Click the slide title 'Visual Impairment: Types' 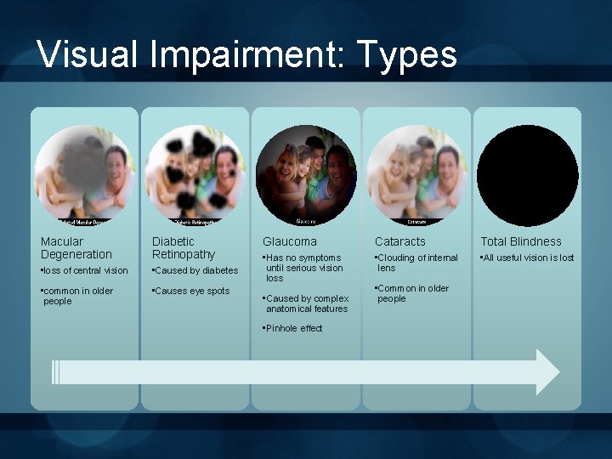click(247, 54)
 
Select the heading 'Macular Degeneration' click(76, 247)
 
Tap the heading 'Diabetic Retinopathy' click(184, 247)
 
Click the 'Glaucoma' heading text click(290, 241)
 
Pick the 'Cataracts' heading click(400, 241)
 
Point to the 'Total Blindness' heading click(521, 241)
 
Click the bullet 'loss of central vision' click(84, 270)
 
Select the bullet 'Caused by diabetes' click(195, 270)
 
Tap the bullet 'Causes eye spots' click(190, 291)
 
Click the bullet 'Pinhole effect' click(293, 328)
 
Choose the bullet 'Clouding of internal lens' click(416, 263)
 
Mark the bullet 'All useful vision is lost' click(528, 258)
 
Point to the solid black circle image click(527, 175)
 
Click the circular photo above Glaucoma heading click(306, 174)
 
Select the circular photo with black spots click(195, 174)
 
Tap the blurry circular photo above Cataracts click(416, 174)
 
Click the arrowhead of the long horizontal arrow click(547, 371)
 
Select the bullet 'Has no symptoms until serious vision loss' click(303, 268)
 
